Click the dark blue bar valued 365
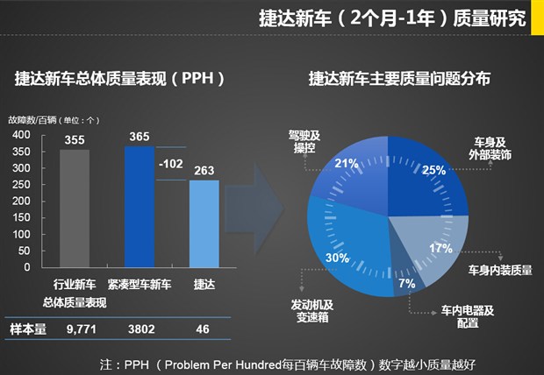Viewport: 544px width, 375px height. click(x=140, y=206)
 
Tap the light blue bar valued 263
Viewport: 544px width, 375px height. click(x=204, y=224)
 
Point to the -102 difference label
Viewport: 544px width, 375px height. click(x=171, y=163)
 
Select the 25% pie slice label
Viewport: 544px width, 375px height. click(x=433, y=170)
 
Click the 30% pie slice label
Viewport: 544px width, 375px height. click(x=337, y=258)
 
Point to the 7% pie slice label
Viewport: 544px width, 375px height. click(x=406, y=283)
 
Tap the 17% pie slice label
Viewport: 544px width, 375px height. click(x=441, y=248)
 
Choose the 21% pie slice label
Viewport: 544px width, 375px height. click(x=346, y=163)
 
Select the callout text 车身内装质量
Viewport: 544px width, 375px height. click(x=500, y=270)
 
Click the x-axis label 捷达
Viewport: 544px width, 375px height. click(x=204, y=286)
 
